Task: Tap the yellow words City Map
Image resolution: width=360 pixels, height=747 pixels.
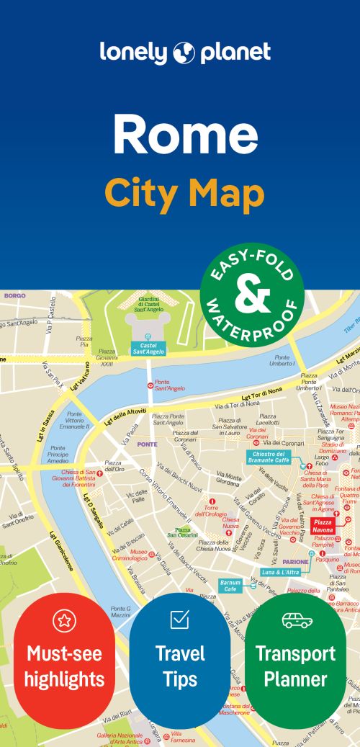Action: [x=184, y=192]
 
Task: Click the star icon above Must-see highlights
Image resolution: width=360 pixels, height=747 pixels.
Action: [x=64, y=620]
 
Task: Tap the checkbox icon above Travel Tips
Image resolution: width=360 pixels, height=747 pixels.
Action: [x=179, y=619]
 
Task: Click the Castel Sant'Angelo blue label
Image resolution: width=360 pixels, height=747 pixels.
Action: [x=148, y=349]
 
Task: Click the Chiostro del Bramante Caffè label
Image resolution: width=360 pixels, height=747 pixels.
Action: [x=268, y=457]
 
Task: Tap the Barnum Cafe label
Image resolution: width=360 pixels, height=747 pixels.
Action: [x=230, y=585]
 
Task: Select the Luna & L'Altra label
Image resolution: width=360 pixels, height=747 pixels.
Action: [x=282, y=571]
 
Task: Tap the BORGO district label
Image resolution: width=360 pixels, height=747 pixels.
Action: [x=14, y=295]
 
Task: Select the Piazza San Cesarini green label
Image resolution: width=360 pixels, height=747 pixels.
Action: [x=183, y=532]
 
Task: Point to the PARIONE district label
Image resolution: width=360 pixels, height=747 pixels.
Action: [x=295, y=561]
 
